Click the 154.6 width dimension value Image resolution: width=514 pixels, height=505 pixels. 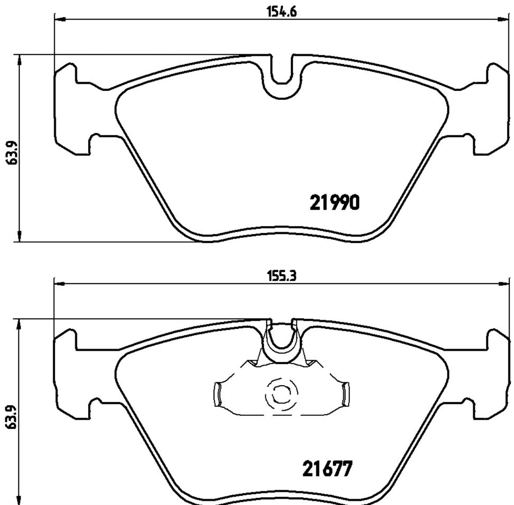pyautogui.click(x=282, y=11)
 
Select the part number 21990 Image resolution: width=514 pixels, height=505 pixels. pyautogui.click(x=335, y=202)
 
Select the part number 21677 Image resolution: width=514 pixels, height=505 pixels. pyautogui.click(x=327, y=469)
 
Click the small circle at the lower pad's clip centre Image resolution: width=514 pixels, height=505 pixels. pyautogui.click(x=281, y=395)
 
